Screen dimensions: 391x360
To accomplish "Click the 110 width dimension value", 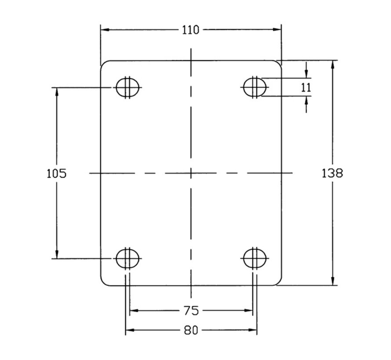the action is pos(191,30).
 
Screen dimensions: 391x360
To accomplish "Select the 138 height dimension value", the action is pos(333,173).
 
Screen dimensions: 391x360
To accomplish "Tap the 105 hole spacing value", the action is pos(57,173).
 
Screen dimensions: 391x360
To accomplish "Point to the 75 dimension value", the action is pos(191,311).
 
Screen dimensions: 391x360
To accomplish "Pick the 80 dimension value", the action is pos(191,330).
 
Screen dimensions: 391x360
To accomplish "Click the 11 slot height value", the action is pos(306,88).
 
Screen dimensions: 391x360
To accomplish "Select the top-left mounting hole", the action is pos(128,87).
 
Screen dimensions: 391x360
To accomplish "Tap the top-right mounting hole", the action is pos(255,87).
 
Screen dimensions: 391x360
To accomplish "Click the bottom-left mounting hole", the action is pos(128,259).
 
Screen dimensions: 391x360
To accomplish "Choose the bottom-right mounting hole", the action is pos(255,259).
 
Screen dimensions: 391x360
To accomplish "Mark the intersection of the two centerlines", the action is pos(191,173).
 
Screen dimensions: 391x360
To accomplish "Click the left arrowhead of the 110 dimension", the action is pos(105,30).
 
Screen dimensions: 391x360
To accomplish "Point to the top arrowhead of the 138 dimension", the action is pos(333,64).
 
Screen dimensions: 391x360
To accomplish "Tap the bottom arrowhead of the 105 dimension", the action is pos(57,254).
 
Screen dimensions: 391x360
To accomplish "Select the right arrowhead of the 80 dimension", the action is pos(253,330).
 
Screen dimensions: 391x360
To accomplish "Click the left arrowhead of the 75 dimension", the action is pos(134,311).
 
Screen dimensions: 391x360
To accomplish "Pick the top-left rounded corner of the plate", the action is pos(103,63).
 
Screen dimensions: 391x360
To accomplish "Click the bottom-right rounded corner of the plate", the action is pos(279,283).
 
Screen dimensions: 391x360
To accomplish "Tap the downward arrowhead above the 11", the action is pos(307,74).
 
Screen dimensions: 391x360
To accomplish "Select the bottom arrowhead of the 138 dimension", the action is pos(333,281).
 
